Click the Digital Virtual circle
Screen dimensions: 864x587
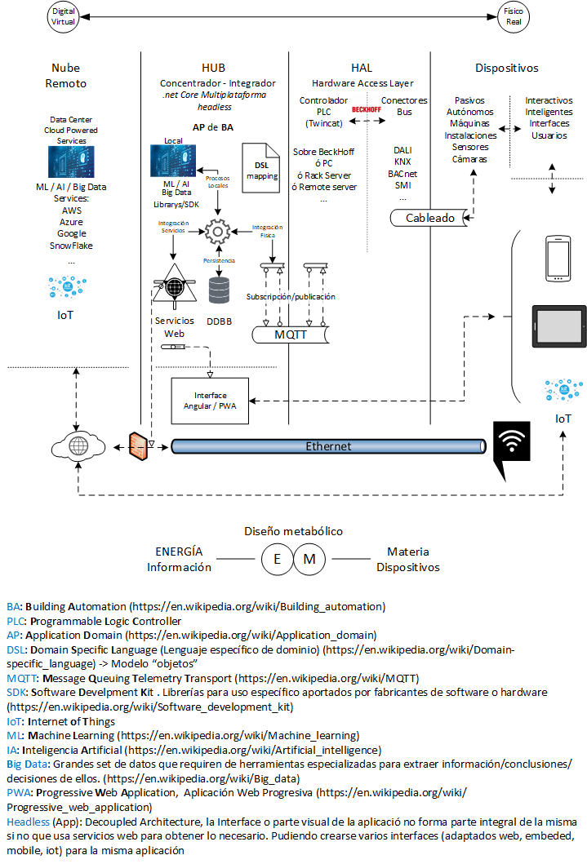tap(64, 16)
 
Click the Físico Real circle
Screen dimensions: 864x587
tap(514, 16)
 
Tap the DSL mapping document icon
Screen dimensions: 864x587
tap(261, 167)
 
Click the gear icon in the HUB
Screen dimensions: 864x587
tap(217, 233)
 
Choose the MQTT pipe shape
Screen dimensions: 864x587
tap(291, 335)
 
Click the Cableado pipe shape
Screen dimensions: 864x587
tap(429, 218)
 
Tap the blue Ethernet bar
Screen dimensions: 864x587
tap(328, 446)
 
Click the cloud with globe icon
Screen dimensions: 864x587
tap(78, 446)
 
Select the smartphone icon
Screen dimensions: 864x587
tap(558, 259)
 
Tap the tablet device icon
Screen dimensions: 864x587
tap(558, 326)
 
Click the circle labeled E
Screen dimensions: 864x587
tap(277, 560)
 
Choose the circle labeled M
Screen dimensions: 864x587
tap(309, 560)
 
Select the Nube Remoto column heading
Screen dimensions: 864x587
tap(65, 75)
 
